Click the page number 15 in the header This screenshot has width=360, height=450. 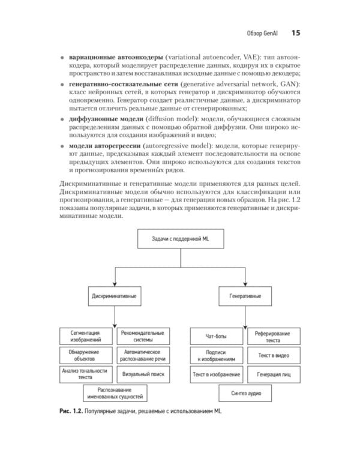click(295, 32)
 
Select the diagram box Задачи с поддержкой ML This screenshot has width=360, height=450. click(179, 240)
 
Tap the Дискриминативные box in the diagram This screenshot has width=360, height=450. click(114, 296)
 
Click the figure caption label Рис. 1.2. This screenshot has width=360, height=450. click(71, 411)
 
